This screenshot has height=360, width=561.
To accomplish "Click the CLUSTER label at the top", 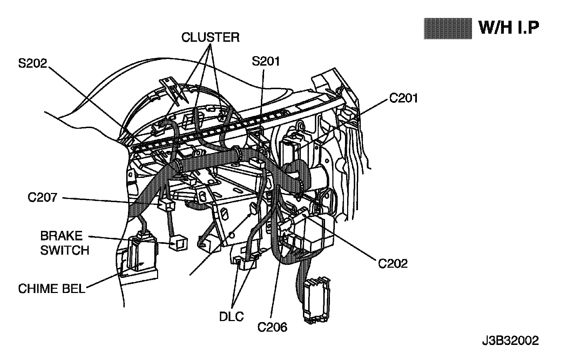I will coord(210,37).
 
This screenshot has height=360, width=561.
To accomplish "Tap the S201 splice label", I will coord(266,61).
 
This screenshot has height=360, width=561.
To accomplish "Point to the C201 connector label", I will coord(404,98).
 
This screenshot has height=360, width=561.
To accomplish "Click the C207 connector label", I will coord(42,198).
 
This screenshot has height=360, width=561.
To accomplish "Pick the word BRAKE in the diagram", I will coord(61,236).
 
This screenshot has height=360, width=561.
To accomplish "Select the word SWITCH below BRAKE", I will coord(65,250).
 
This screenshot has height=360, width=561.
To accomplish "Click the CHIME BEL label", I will coord(52,289).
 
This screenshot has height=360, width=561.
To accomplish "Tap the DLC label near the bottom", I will coord(231,317).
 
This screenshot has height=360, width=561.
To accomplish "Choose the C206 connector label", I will coord(272,327).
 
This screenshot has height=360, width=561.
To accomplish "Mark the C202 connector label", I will coord(393,263).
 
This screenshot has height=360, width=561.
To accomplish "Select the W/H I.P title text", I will coord(509,27).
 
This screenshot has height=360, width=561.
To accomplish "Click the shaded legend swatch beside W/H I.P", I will coord(447,28).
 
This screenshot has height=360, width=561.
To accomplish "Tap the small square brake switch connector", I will coord(178,243).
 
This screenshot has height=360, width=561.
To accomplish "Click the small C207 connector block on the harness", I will coord(166,206).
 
